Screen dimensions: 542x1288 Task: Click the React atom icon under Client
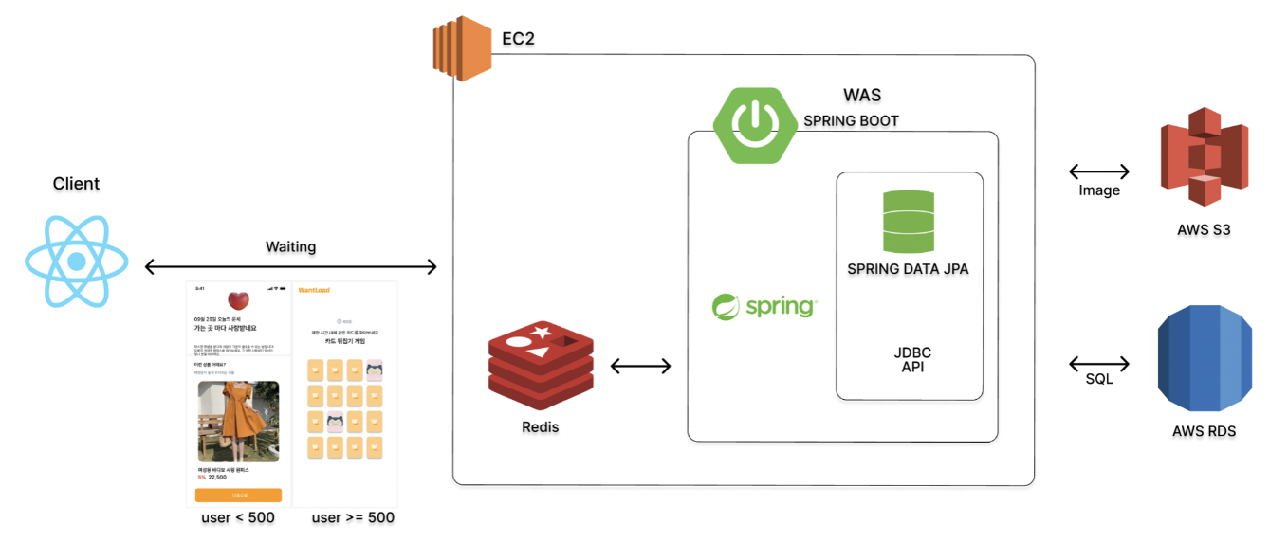coord(76,261)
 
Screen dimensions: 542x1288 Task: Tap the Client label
coord(76,184)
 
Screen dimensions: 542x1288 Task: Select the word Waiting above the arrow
coord(290,246)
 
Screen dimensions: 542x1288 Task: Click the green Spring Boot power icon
coord(754,124)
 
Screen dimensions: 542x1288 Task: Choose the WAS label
coord(862,95)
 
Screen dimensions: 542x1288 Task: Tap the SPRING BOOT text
coord(851,120)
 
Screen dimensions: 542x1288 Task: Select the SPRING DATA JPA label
coord(909,269)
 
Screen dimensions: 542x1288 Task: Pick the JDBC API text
coord(911,359)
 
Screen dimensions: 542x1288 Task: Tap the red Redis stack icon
coord(540,368)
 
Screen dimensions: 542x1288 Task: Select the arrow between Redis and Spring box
coord(640,365)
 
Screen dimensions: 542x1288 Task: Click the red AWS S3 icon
coord(1204,157)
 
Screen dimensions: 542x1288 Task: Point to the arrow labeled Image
coord(1099,172)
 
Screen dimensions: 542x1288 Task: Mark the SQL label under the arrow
coord(1099,380)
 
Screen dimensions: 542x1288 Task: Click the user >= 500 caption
coord(353,517)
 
